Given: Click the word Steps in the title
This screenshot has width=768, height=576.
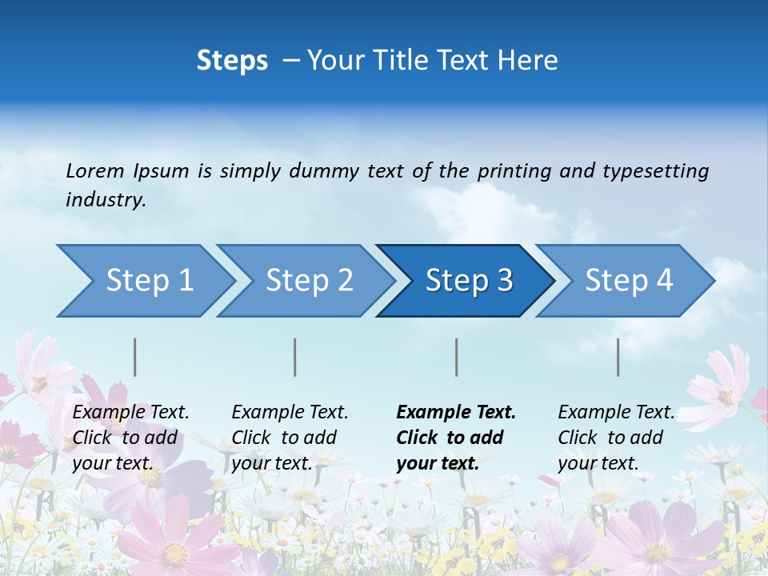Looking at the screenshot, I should [x=232, y=61].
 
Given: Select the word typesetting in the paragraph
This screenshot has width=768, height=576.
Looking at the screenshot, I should [x=655, y=171].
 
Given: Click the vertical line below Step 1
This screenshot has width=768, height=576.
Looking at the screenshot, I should [x=135, y=357].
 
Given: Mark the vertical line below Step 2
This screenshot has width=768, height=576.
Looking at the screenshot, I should [x=295, y=357].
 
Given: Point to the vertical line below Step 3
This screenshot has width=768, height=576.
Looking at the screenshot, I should [x=457, y=357].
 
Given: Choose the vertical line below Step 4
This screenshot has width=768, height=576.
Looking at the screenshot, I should [x=618, y=357].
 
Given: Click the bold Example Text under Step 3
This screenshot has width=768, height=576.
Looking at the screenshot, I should [x=456, y=413].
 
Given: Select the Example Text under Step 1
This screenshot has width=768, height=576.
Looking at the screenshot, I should [x=131, y=413].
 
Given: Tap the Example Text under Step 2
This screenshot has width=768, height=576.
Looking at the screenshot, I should [x=290, y=413].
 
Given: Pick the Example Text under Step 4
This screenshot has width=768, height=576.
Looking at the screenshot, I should [x=617, y=413].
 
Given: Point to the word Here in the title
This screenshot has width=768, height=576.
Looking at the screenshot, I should [x=528, y=61].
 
